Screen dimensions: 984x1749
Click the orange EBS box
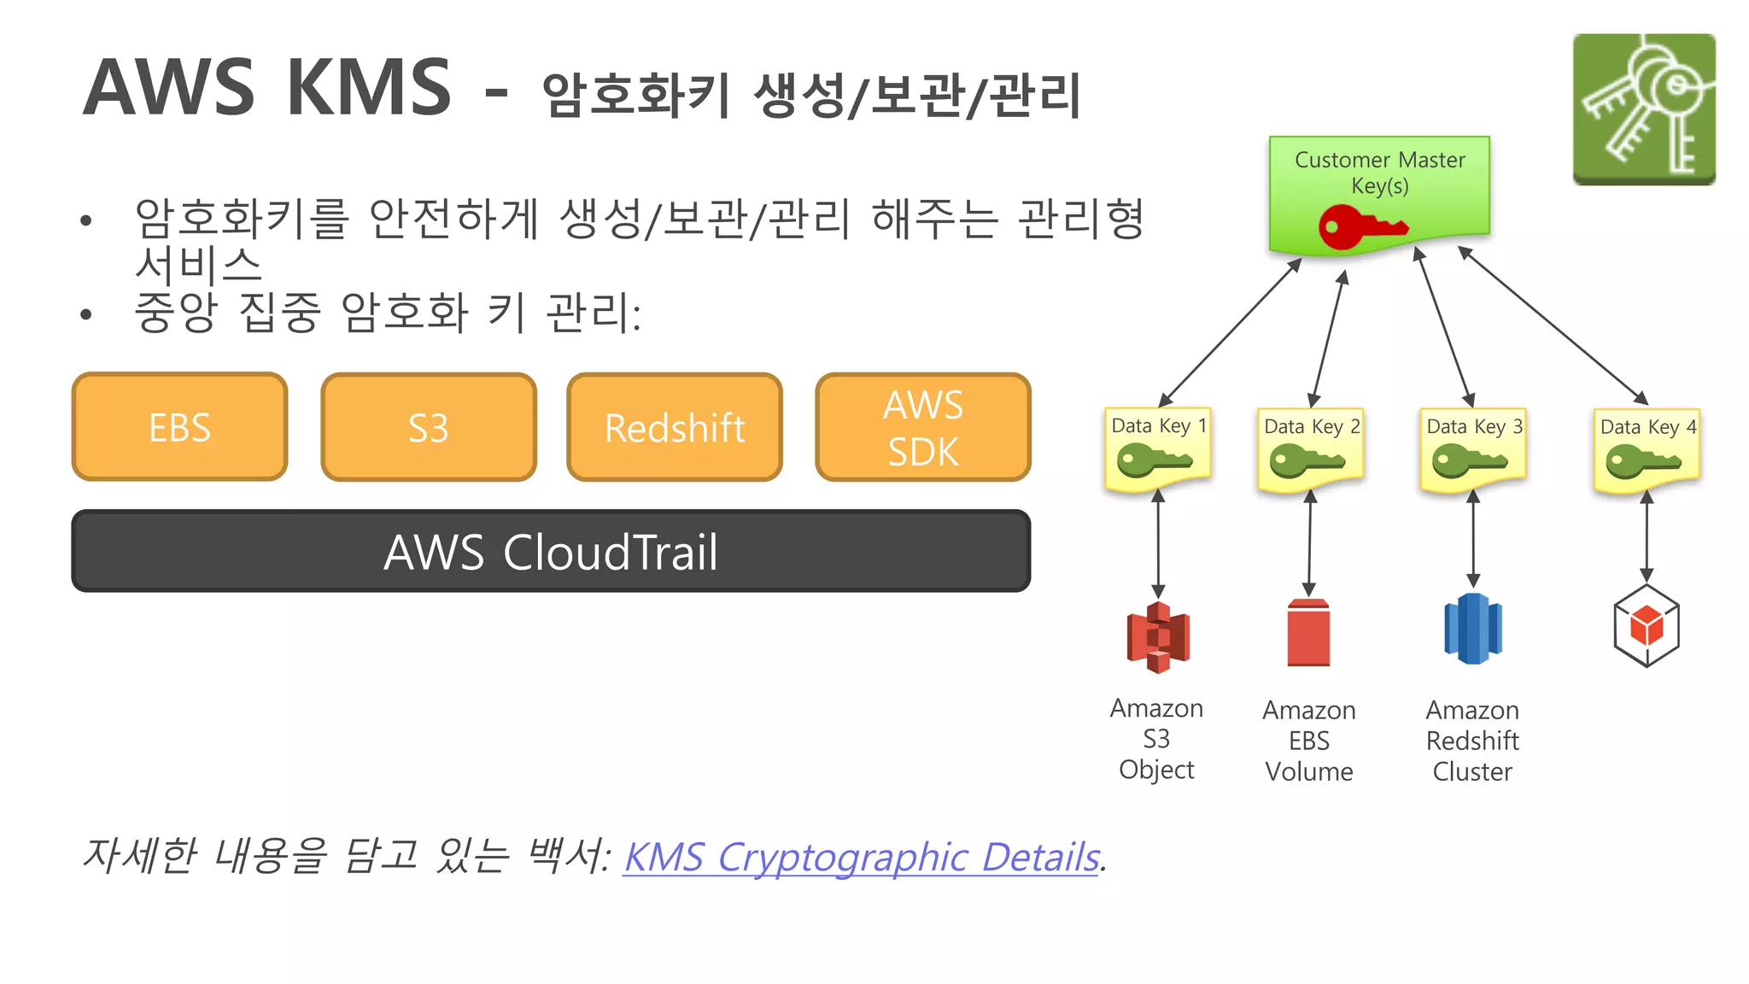click(x=179, y=427)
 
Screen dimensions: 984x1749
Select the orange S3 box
click(x=428, y=427)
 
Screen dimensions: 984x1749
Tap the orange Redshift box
click(x=675, y=427)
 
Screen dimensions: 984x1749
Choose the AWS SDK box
click(x=922, y=427)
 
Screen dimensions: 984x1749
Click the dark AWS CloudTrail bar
click(x=551, y=551)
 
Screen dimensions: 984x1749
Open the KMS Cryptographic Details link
click(x=861, y=858)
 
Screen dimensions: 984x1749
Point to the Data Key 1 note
click(x=1157, y=448)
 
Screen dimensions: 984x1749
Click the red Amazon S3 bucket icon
click(x=1158, y=637)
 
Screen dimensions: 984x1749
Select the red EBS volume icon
click(x=1308, y=633)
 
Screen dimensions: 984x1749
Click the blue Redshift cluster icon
click(x=1472, y=630)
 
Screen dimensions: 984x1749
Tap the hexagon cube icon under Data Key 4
click(x=1647, y=627)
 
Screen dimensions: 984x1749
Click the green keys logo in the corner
click(x=1644, y=108)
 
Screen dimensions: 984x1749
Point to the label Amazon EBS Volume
click(x=1309, y=741)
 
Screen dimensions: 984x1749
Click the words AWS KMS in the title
click(x=267, y=87)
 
